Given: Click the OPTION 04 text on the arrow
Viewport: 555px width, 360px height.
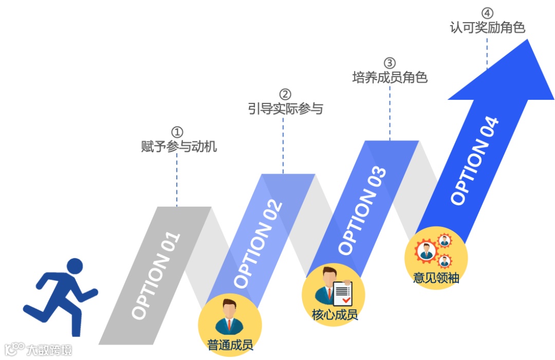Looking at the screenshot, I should coord(474,161).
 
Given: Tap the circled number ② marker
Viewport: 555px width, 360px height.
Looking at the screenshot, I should coord(285,94).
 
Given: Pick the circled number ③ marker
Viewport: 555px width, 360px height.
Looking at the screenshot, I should coord(390,63).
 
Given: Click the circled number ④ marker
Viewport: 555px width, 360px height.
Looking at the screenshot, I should coord(487,13).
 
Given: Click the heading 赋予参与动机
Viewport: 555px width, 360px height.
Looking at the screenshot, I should coord(179,147).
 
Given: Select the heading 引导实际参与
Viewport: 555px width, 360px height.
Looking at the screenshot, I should coord(285,109).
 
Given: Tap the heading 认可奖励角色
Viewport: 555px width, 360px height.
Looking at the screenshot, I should coord(487,28).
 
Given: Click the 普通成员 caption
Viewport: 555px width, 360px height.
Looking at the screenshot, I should coord(230,345).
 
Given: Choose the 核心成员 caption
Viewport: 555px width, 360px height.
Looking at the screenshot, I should coord(335,314).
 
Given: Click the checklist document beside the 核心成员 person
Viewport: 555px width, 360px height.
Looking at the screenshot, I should coord(343,292).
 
